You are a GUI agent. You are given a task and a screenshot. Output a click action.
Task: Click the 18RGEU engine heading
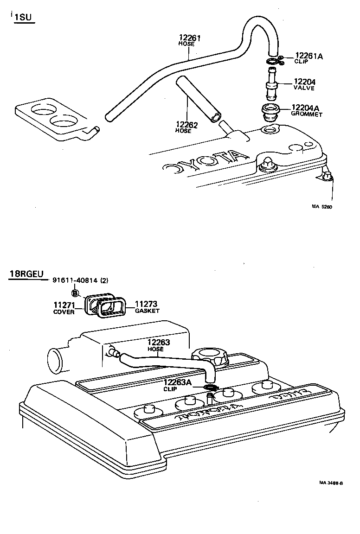(x=26, y=274)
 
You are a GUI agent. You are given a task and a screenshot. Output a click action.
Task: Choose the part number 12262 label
(x=186, y=125)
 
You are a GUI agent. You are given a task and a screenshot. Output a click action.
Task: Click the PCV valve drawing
(x=271, y=84)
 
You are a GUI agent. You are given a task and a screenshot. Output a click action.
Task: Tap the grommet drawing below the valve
(x=270, y=113)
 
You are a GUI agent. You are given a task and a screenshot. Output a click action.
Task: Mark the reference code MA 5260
(x=322, y=207)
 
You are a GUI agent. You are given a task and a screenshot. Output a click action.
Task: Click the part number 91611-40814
(x=75, y=280)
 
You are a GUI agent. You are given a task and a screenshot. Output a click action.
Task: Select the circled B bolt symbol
(x=75, y=292)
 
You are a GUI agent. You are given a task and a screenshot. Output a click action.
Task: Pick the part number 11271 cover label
(x=64, y=305)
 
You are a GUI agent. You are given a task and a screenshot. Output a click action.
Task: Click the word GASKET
(x=147, y=311)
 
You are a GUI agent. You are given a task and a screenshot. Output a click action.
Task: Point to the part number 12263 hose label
(x=159, y=342)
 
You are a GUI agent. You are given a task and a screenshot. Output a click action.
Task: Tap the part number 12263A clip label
(x=177, y=382)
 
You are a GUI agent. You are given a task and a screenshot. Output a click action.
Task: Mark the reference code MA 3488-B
(x=331, y=483)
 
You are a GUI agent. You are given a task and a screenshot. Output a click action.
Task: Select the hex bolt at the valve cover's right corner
(x=327, y=176)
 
